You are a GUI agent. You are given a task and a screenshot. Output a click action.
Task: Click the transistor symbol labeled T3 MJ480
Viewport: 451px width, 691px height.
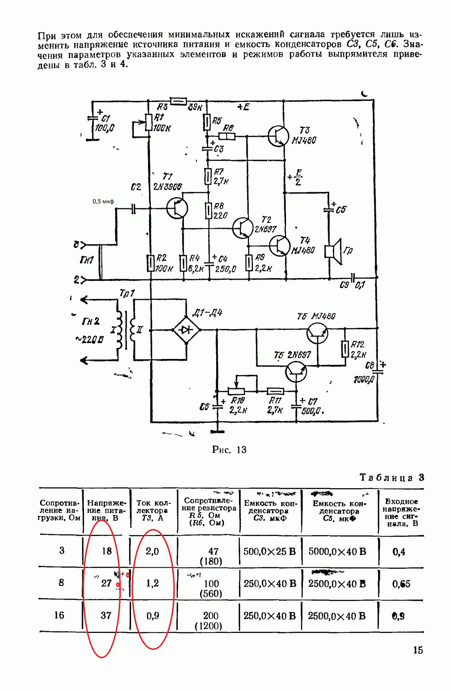[x=278, y=136]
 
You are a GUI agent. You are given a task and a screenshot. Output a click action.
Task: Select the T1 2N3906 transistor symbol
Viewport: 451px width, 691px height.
[x=177, y=208]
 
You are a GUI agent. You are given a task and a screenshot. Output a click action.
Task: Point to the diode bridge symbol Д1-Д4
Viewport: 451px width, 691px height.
[x=186, y=330]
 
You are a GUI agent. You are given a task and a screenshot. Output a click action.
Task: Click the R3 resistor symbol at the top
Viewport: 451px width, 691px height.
[x=179, y=101]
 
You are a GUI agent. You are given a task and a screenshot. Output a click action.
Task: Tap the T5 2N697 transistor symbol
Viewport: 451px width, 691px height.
[x=296, y=372]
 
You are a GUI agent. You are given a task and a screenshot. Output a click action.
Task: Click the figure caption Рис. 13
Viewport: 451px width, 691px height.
[x=229, y=449]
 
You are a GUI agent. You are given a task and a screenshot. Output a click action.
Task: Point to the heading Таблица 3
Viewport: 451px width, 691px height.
[x=392, y=477]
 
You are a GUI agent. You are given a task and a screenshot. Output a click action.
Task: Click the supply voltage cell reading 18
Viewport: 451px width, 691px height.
[x=107, y=551]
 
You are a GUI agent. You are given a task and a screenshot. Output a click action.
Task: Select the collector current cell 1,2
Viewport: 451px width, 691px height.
[x=152, y=583]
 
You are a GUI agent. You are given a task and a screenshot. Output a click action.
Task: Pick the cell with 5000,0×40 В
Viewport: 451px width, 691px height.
[x=337, y=551]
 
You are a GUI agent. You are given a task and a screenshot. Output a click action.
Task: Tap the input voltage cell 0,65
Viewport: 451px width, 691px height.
[x=401, y=584]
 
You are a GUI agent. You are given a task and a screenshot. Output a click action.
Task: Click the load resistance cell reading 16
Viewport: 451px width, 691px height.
[x=59, y=615]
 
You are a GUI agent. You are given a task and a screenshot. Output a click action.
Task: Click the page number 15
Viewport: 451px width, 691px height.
[x=418, y=650]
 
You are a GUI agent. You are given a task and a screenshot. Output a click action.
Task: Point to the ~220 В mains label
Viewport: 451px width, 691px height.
[x=89, y=339]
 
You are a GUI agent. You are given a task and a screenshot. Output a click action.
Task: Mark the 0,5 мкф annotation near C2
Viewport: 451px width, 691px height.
[x=103, y=201]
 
